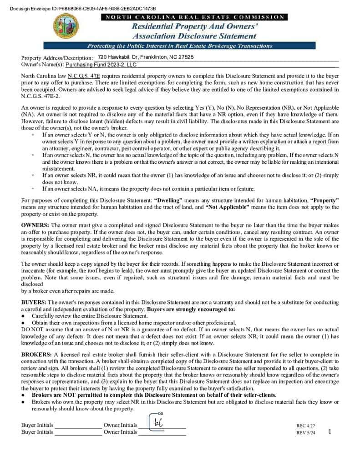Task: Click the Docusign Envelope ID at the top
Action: tap(82, 9)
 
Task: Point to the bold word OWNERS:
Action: tap(36, 225)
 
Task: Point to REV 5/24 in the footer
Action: tap(305, 433)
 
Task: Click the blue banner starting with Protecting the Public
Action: tap(179, 46)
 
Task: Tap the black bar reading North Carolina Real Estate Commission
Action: tap(194, 17)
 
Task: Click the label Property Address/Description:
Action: tap(57, 58)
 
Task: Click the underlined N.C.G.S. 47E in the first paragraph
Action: tap(84, 76)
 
